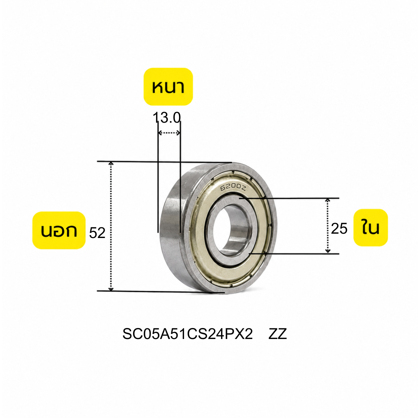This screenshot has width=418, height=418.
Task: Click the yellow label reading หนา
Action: (x=168, y=87)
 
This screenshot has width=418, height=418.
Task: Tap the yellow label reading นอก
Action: (x=59, y=230)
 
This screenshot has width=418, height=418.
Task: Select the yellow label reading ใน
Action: (x=370, y=228)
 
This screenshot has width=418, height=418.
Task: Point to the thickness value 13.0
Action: (x=167, y=118)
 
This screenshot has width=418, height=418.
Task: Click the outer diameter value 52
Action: (x=97, y=233)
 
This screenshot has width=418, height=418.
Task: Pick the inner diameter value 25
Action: (x=339, y=229)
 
